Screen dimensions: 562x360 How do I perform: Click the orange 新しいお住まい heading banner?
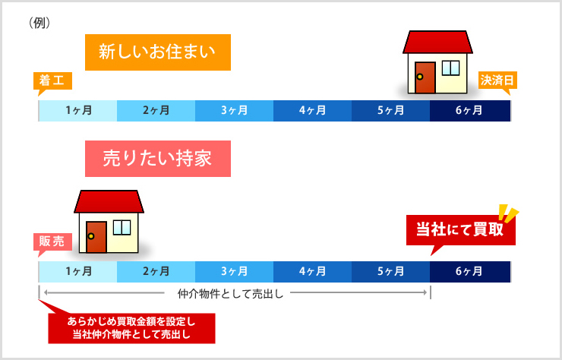(158, 52)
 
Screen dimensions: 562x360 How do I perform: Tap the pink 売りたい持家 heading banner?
(158, 159)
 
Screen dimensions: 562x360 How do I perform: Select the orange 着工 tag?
(52, 81)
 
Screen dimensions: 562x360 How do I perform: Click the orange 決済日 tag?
(497, 81)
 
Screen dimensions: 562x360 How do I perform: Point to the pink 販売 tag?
(52, 242)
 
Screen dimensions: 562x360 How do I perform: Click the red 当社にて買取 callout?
(460, 230)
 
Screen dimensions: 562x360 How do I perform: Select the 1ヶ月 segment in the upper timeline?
(77, 111)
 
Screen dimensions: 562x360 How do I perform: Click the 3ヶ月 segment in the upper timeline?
(235, 111)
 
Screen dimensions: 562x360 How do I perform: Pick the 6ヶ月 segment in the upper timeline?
(470, 111)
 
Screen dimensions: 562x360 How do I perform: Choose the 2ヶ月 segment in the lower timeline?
(156, 272)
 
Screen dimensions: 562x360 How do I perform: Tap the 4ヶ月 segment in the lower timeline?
(313, 272)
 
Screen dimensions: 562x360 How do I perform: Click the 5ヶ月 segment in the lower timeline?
(390, 272)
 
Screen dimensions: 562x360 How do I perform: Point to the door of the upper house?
(425, 77)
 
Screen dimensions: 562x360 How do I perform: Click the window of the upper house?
(450, 68)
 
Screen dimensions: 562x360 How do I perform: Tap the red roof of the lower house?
(109, 201)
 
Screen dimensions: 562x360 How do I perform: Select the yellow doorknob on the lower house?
(91, 236)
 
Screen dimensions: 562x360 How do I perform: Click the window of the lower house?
(122, 228)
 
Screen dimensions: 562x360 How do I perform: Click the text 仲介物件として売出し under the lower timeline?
(230, 294)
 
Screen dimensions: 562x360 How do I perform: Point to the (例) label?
(39, 24)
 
